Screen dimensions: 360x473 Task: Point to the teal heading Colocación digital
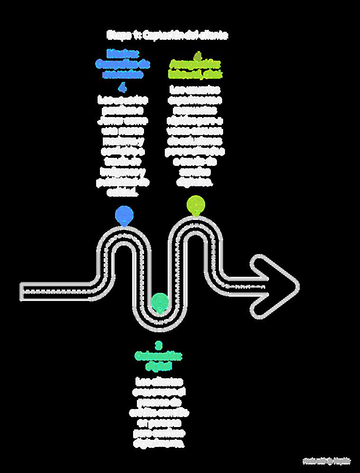click(x=159, y=360)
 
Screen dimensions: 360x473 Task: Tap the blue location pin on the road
click(x=124, y=215)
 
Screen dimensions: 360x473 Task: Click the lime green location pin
click(x=196, y=205)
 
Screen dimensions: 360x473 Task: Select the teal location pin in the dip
click(x=160, y=301)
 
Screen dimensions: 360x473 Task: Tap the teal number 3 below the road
click(x=159, y=345)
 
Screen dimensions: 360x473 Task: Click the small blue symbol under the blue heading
click(x=123, y=87)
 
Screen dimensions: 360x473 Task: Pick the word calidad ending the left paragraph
click(x=123, y=193)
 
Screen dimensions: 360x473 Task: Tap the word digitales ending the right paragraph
click(x=196, y=182)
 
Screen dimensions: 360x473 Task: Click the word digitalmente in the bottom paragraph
click(x=159, y=444)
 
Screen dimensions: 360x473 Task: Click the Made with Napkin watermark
click(x=327, y=461)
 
